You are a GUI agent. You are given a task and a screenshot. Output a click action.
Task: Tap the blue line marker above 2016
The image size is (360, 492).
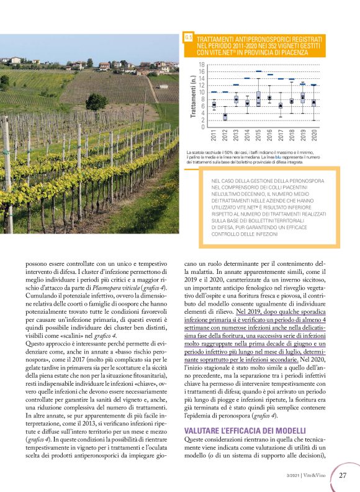tap(269, 75)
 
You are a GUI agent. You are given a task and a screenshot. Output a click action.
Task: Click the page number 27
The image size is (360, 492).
tap(343, 475)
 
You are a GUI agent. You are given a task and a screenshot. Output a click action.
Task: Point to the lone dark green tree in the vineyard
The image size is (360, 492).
tap(96, 101)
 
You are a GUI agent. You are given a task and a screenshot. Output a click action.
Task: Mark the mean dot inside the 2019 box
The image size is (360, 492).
tap(303, 96)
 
